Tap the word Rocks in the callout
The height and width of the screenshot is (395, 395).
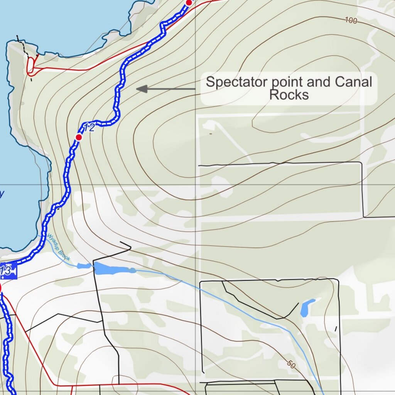coord(289,95)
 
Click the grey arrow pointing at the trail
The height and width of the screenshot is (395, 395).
coord(166,89)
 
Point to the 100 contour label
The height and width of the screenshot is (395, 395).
coord(350,21)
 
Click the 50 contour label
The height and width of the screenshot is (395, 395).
coord(291,364)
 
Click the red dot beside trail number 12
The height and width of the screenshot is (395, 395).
coord(79,137)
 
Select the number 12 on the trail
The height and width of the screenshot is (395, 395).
coord(89,128)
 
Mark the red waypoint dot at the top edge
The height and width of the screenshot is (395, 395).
coord(189,3)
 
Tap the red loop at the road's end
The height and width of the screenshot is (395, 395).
coord(30,66)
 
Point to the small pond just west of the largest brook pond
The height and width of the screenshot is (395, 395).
coord(84,266)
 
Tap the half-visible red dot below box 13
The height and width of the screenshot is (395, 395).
coord(1,289)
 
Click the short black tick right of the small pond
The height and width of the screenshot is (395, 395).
coord(336,329)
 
